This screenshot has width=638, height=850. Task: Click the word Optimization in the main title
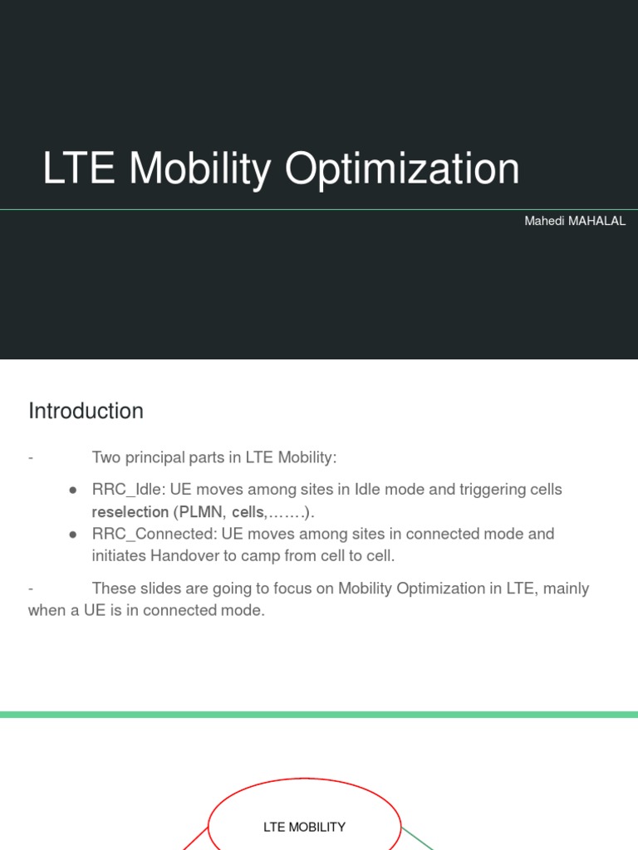(x=402, y=169)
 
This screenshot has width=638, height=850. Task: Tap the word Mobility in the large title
(x=199, y=169)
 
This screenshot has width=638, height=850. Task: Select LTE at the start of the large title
(x=79, y=169)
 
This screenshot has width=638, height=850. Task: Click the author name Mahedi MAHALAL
(x=575, y=222)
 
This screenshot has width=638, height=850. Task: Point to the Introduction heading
(x=86, y=411)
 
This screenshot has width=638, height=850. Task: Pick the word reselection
(x=130, y=512)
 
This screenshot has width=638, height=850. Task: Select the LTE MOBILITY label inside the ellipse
(x=304, y=827)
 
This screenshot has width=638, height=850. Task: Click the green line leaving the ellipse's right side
(x=419, y=838)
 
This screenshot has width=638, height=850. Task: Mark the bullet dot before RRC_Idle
(x=73, y=491)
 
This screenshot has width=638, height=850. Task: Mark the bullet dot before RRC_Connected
(x=73, y=535)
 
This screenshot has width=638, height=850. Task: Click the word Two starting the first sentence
(x=106, y=457)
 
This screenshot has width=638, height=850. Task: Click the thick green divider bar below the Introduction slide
(x=319, y=715)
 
